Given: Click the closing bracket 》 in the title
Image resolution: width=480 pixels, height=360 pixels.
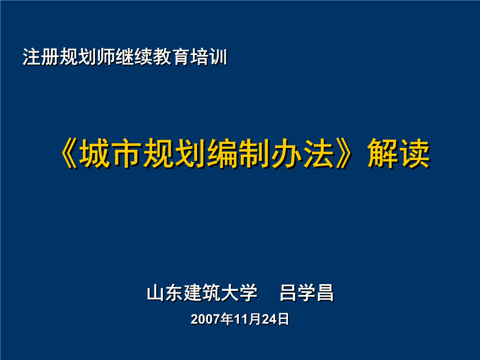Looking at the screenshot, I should tap(348, 154).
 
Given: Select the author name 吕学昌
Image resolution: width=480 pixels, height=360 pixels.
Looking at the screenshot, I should tap(307, 293).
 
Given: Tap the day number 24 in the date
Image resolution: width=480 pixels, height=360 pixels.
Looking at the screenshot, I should tap(269, 320).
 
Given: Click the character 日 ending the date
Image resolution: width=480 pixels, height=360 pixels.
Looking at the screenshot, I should tap(284, 320).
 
